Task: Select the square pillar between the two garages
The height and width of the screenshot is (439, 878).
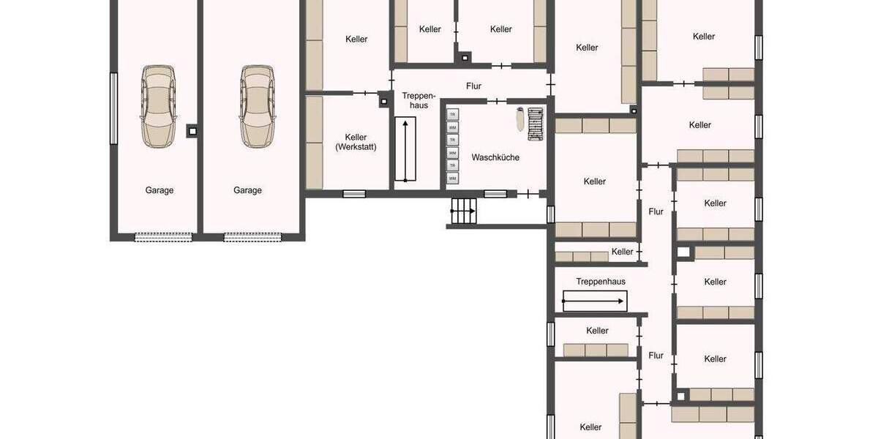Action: click(192, 131)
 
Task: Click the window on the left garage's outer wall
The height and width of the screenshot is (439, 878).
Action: click(113, 108)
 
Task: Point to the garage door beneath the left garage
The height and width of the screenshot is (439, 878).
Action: click(163, 236)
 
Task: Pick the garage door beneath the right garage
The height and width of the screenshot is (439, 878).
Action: click(252, 236)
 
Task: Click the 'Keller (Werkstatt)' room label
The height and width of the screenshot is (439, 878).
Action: click(356, 142)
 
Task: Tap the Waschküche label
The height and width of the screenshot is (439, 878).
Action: click(495, 157)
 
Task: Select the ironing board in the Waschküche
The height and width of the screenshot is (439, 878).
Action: click(519, 119)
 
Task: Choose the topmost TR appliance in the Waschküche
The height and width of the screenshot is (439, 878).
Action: click(452, 115)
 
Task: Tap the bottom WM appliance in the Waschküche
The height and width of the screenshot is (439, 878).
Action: click(452, 178)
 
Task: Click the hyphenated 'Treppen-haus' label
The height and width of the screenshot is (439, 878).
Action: click(419, 100)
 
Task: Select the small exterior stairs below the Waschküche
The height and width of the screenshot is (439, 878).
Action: click(462, 211)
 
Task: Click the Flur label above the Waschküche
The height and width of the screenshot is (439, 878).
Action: click(473, 86)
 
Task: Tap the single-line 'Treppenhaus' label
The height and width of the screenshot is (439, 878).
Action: click(601, 281)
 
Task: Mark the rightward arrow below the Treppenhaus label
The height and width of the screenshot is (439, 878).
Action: click(595, 301)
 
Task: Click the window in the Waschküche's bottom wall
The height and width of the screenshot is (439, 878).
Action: click(495, 194)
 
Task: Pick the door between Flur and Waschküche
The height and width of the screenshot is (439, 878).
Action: click(498, 100)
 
